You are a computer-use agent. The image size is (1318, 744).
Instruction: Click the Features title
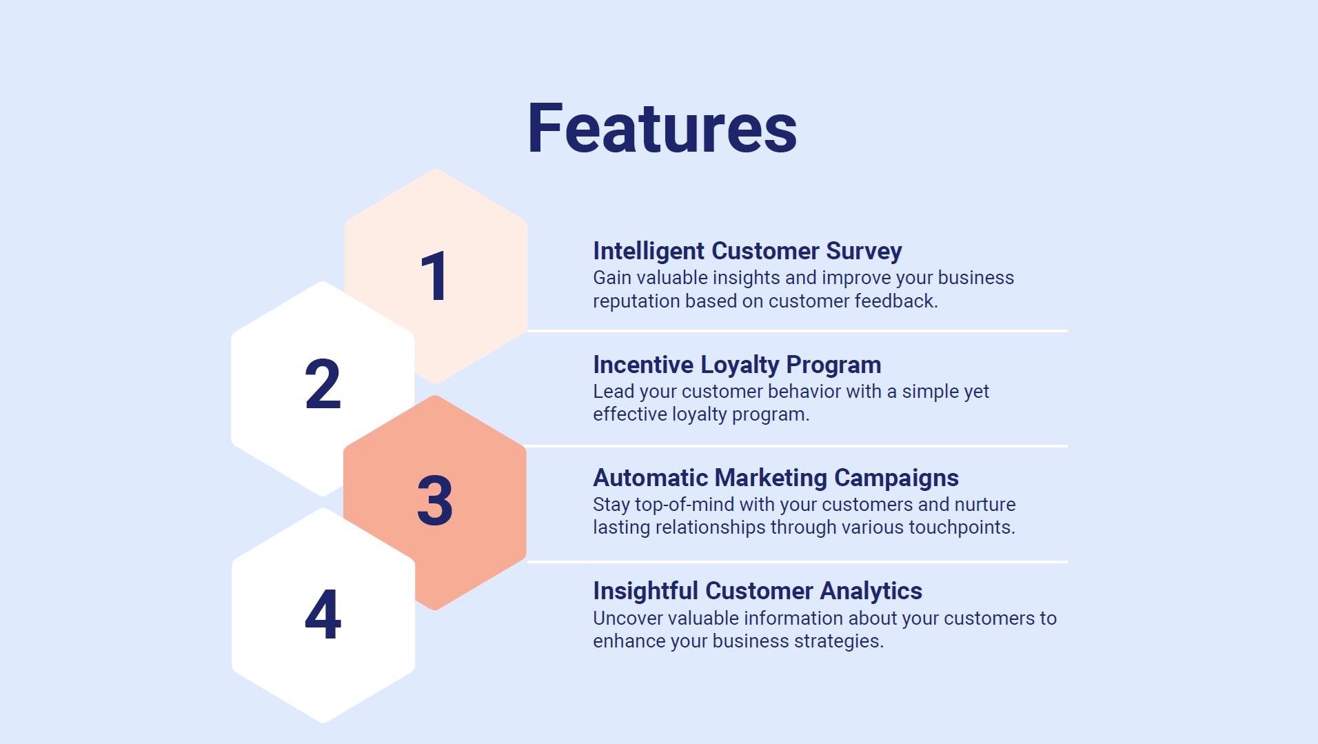662,128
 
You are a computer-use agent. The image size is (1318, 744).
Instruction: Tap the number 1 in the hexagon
435,277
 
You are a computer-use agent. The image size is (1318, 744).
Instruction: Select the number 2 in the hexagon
323,383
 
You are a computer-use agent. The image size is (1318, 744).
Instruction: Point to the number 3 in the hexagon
435,500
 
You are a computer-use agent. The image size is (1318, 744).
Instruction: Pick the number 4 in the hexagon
323,614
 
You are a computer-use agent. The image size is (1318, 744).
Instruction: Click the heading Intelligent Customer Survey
747,252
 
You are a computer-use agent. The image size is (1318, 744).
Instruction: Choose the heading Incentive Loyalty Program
737,365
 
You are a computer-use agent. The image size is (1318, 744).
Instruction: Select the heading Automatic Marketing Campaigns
775,478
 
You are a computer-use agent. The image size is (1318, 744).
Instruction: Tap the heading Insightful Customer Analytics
757,591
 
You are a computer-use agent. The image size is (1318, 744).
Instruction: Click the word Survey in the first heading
864,252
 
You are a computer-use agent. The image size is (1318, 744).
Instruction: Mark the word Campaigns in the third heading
896,479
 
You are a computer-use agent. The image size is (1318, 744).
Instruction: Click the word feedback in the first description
896,301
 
